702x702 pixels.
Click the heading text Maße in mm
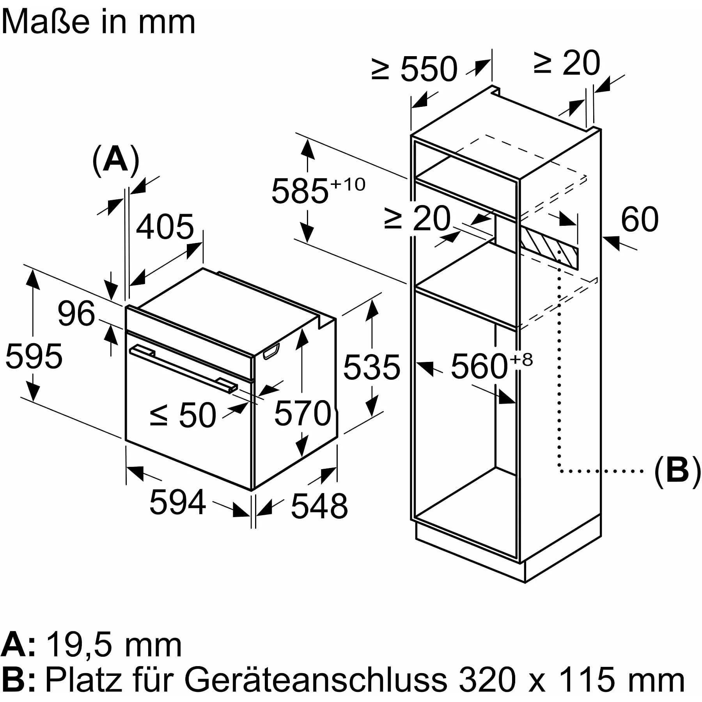click(98, 22)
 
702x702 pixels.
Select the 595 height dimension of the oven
click(34, 356)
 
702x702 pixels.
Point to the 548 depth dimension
click(319, 506)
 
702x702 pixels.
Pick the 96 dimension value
click(76, 313)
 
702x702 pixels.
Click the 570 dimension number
click(303, 413)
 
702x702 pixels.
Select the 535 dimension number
click(371, 367)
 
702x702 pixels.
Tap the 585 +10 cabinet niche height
click(318, 190)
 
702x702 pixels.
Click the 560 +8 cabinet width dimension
click(491, 365)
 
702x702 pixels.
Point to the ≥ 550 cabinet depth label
click(414, 69)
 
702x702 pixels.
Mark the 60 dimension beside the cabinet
click(640, 220)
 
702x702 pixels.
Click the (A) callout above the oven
click(116, 160)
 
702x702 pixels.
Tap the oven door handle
click(183, 367)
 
